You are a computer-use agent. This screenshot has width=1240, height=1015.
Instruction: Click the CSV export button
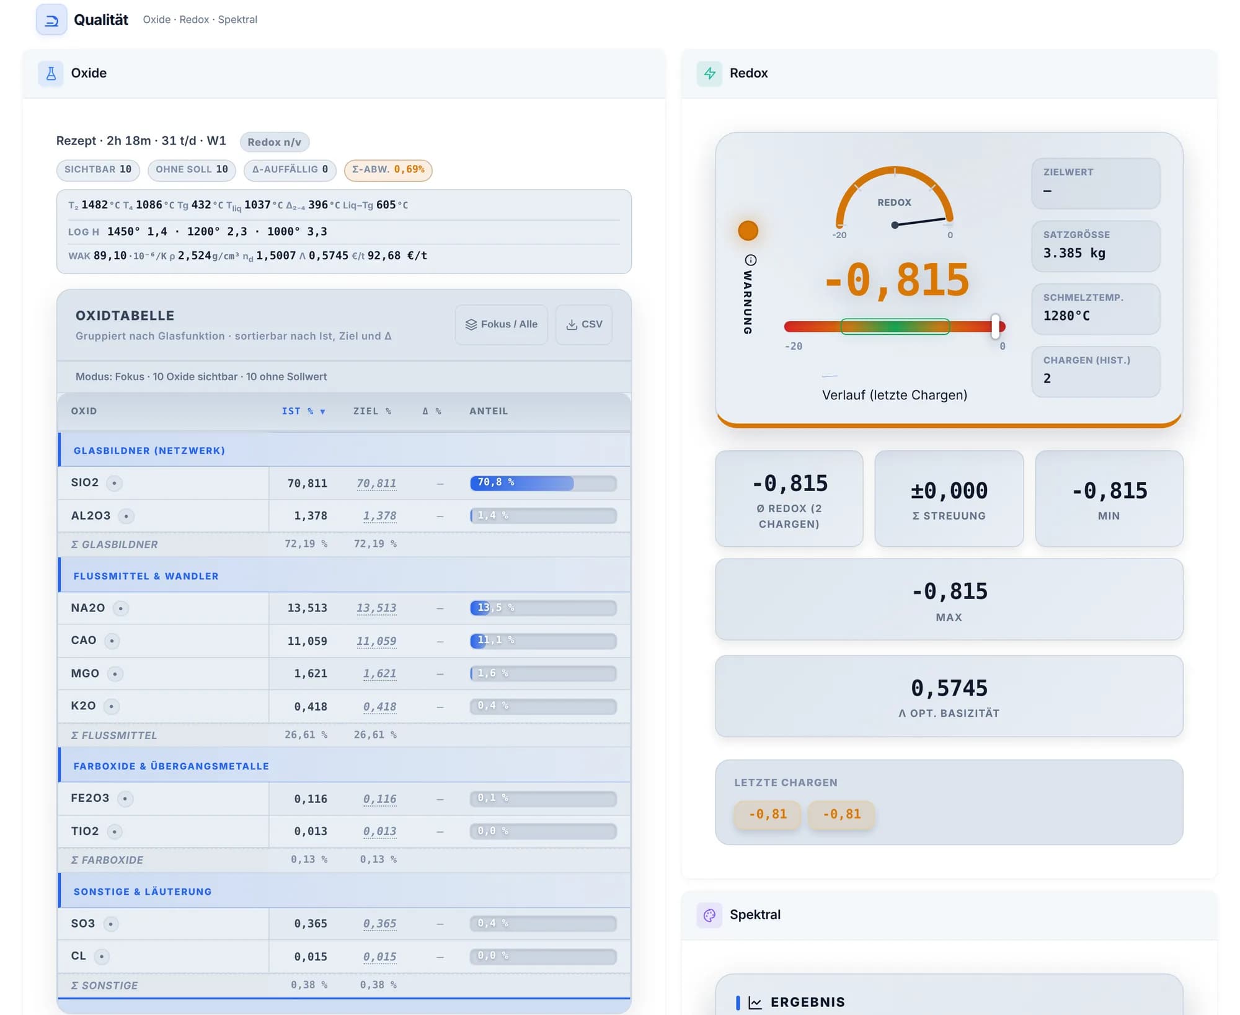(x=584, y=324)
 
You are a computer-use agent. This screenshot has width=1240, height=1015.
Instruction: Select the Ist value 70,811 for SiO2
(x=307, y=483)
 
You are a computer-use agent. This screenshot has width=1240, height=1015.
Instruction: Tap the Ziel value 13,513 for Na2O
(x=376, y=608)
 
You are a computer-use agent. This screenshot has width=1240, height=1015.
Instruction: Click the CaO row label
(x=84, y=640)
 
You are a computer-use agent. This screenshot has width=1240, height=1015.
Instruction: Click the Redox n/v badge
(x=275, y=142)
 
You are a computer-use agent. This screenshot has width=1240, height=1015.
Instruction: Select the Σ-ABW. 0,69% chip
(x=388, y=170)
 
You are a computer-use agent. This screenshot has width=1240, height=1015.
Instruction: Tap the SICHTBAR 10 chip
(x=98, y=170)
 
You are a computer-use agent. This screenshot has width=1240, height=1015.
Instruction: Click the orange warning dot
(x=748, y=231)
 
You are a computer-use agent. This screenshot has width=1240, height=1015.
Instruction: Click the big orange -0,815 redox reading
(x=897, y=280)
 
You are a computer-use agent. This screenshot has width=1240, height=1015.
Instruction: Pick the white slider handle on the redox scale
(x=995, y=326)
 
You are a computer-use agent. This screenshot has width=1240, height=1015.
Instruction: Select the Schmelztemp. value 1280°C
(x=1066, y=316)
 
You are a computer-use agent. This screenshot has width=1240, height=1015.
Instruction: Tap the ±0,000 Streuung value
(x=949, y=491)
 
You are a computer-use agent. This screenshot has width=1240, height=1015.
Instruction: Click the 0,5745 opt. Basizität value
(x=949, y=688)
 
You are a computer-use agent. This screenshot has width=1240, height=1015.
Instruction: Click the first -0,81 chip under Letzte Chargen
(x=768, y=814)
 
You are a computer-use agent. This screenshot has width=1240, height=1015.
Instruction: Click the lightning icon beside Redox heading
(x=709, y=74)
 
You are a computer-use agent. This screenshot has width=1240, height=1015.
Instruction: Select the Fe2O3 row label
(x=90, y=798)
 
